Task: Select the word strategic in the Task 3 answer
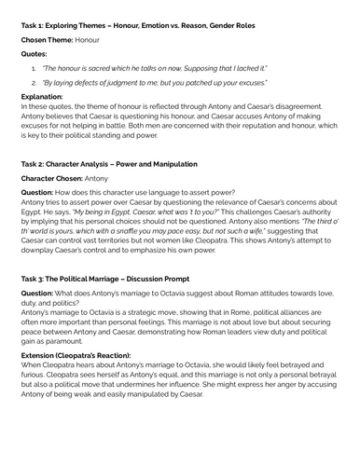[152, 336]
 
